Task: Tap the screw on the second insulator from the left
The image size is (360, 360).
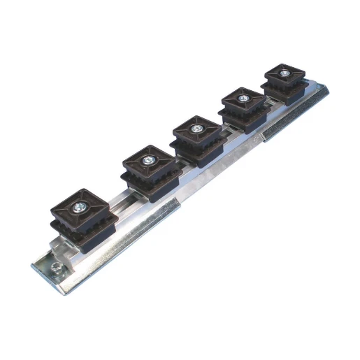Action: [149, 161]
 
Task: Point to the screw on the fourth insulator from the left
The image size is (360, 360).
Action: [243, 99]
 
